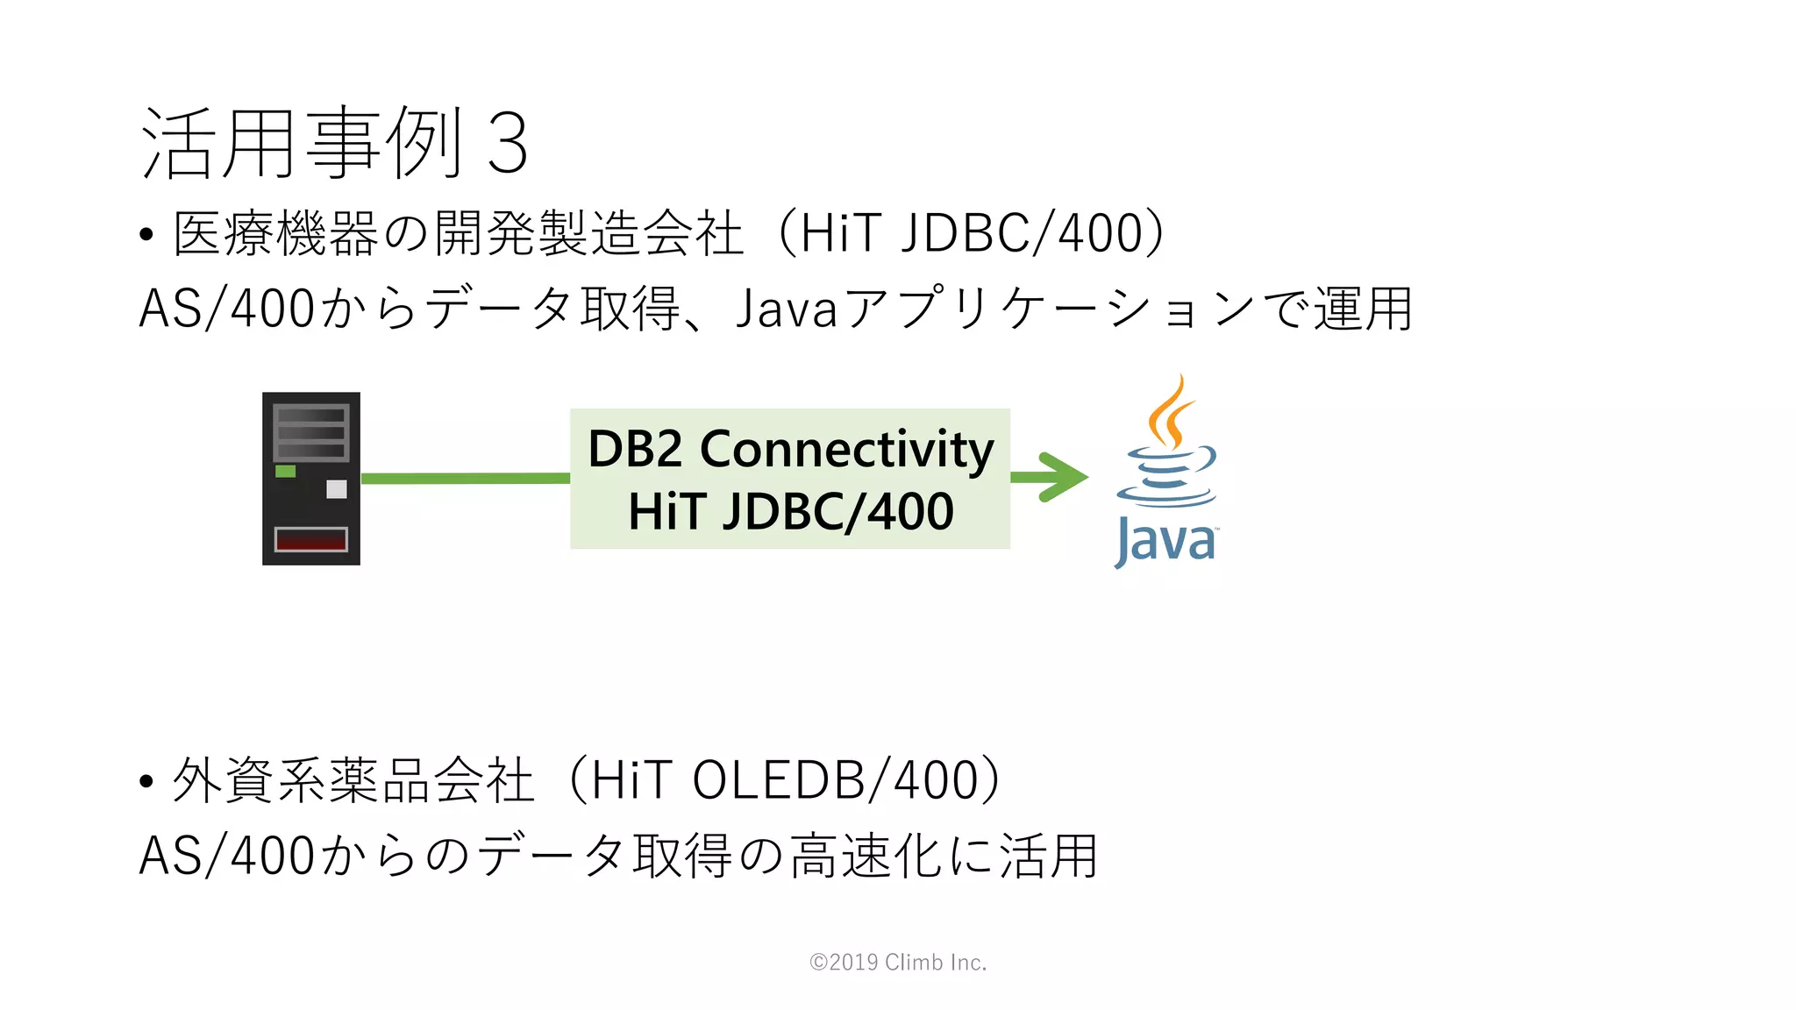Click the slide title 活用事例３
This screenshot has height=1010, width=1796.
333,143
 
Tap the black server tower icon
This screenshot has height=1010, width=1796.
311,478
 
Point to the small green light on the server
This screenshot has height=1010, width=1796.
286,472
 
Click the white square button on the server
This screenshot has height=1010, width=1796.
337,489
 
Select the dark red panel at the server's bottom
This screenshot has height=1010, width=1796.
311,539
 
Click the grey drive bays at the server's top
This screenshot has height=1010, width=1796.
311,432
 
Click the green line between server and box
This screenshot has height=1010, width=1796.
465,478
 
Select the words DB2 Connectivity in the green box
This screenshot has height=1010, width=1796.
790,449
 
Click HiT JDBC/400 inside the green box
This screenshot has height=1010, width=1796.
790,511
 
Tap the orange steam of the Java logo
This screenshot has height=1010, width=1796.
1171,412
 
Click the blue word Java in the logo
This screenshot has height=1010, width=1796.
1165,541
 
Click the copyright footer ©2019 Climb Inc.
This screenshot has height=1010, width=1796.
898,962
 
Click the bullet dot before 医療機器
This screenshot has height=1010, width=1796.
146,235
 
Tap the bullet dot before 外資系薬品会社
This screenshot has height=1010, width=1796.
146,781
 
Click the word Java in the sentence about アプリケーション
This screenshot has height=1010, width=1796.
787,309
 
